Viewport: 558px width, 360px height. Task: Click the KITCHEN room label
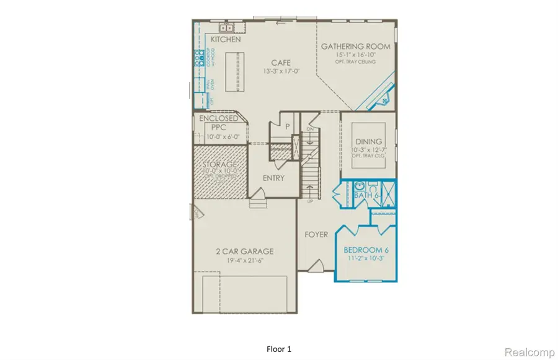226,40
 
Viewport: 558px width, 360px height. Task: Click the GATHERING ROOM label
355,46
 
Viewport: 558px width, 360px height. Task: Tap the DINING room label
368,141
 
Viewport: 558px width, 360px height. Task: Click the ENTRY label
273,178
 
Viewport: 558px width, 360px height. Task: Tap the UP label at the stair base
311,201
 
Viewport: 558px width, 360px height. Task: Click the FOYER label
316,235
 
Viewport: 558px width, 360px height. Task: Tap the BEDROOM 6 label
365,250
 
